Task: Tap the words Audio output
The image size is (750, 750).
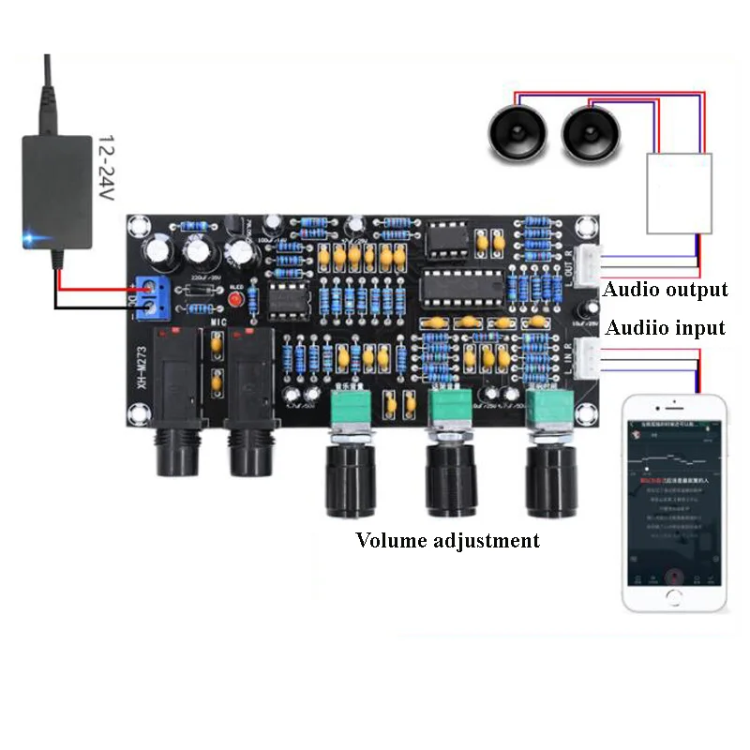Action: tap(665, 290)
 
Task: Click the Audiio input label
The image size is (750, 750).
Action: tap(665, 328)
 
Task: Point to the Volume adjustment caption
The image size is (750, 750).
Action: tap(447, 540)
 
